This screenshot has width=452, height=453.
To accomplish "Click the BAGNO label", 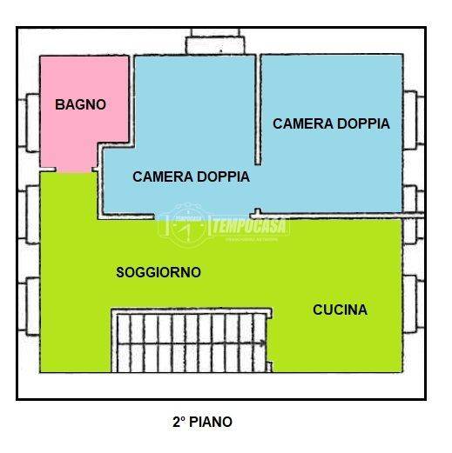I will pyautogui.click(x=80, y=104).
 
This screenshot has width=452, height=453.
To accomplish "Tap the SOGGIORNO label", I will pyautogui.click(x=159, y=272).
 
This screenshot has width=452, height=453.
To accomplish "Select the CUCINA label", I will pyautogui.click(x=340, y=310).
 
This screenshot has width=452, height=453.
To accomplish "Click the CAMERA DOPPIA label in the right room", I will pyautogui.click(x=331, y=123).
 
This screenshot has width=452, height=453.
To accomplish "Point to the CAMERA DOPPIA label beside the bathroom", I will pyautogui.click(x=191, y=177).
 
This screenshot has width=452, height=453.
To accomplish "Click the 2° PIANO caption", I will pyautogui.click(x=202, y=423).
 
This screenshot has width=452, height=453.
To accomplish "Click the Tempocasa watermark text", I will pyautogui.click(x=250, y=223).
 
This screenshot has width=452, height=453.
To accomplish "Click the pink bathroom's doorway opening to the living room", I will pyautogui.click(x=68, y=172).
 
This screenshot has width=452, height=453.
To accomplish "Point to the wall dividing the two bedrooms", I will pyautogui.click(x=258, y=109).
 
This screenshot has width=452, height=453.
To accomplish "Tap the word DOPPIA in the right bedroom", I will pyautogui.click(x=357, y=123).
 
